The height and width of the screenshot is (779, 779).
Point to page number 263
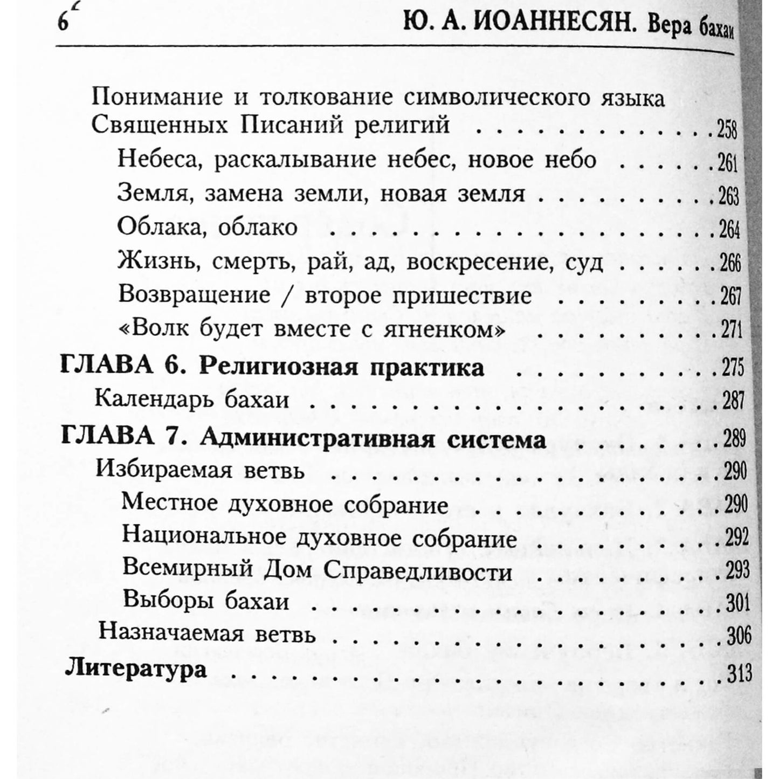pyautogui.click(x=728, y=196)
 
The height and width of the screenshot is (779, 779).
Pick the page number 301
pyautogui.click(x=737, y=603)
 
